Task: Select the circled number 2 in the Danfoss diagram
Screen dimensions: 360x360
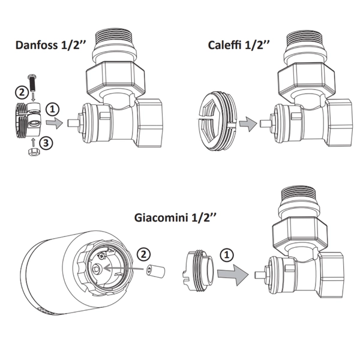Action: [x=20, y=92]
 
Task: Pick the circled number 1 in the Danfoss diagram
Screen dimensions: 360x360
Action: [x=54, y=109]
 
